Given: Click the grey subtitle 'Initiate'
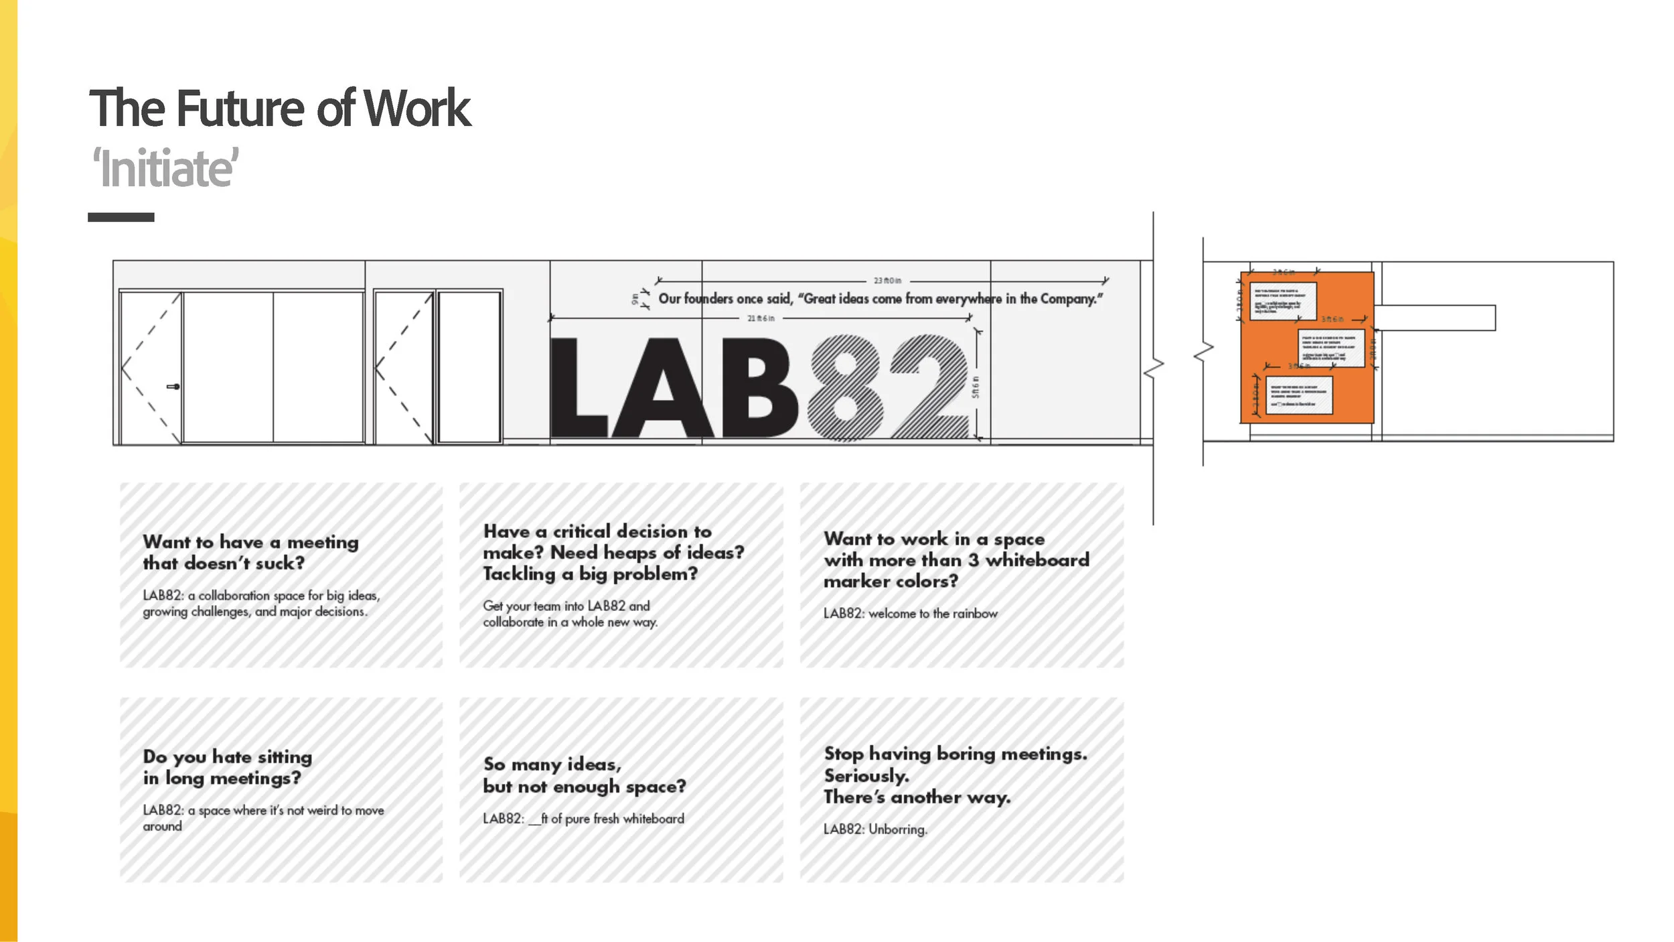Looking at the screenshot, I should point(165,168).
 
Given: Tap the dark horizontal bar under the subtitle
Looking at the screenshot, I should point(121,217).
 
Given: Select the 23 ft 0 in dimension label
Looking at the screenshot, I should point(887,281).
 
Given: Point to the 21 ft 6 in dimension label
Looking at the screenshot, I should point(761,318).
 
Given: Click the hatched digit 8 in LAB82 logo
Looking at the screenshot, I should point(845,387).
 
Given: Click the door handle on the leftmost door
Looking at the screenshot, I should point(173,387).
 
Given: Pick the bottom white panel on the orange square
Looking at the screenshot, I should point(1298,395).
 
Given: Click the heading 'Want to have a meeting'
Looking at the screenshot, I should point(250,542).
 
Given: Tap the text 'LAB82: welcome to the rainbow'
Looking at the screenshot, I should point(910,614).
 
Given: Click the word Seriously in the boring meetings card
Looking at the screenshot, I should point(866,776).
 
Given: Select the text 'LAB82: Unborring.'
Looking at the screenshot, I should point(875,829).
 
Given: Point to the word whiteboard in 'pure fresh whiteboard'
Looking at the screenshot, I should point(654,819).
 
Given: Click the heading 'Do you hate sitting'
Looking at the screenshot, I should point(227,757).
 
